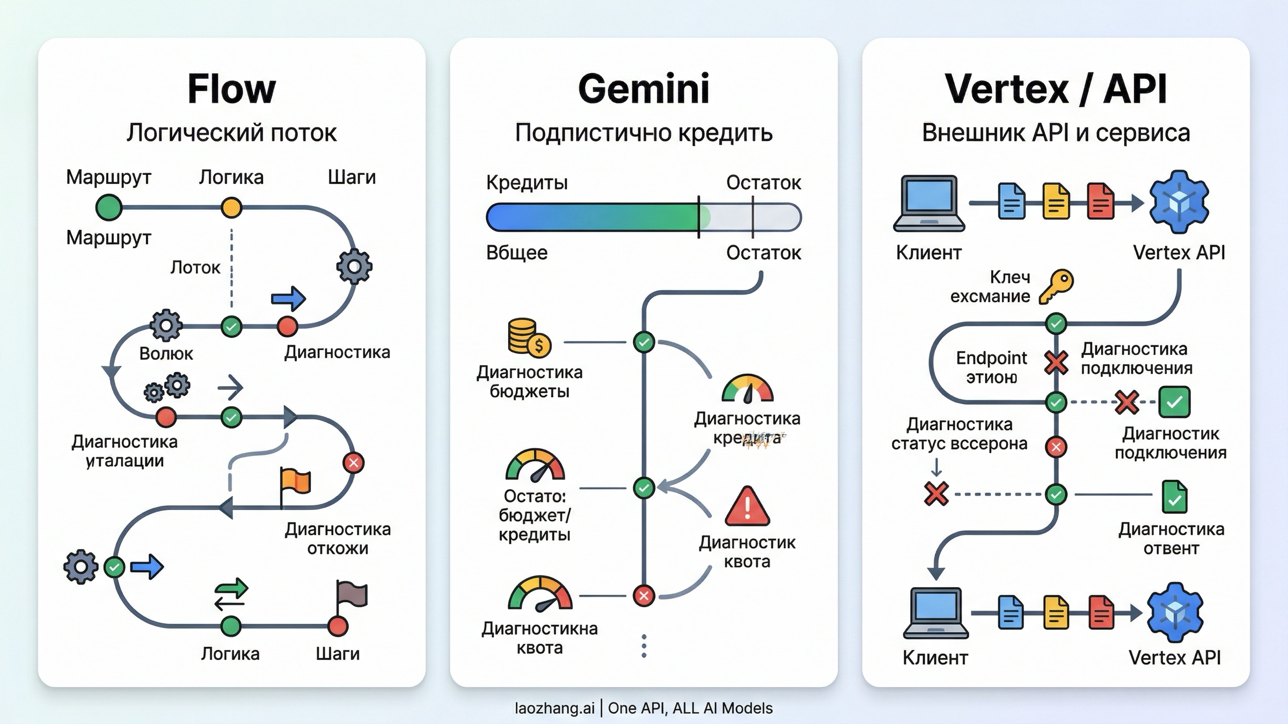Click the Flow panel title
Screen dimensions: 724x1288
point(231,89)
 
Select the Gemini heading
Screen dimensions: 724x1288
point(643,89)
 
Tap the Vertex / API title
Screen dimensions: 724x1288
point(1056,89)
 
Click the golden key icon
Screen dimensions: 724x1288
point(1056,286)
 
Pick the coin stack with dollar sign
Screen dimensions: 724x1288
point(529,337)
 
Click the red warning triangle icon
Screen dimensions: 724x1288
point(747,507)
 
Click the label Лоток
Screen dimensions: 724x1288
point(195,267)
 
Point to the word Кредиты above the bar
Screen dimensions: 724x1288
point(526,183)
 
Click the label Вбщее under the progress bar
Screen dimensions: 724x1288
point(517,253)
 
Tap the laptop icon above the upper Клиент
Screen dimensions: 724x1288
point(929,203)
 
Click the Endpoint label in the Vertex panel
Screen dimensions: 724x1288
point(991,358)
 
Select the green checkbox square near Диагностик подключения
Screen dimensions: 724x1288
point(1174,402)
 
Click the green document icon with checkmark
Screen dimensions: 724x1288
point(1174,497)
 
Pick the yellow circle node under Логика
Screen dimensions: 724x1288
point(231,208)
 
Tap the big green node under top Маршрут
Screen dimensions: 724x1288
point(109,208)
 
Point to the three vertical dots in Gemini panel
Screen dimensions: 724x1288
point(644,646)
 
